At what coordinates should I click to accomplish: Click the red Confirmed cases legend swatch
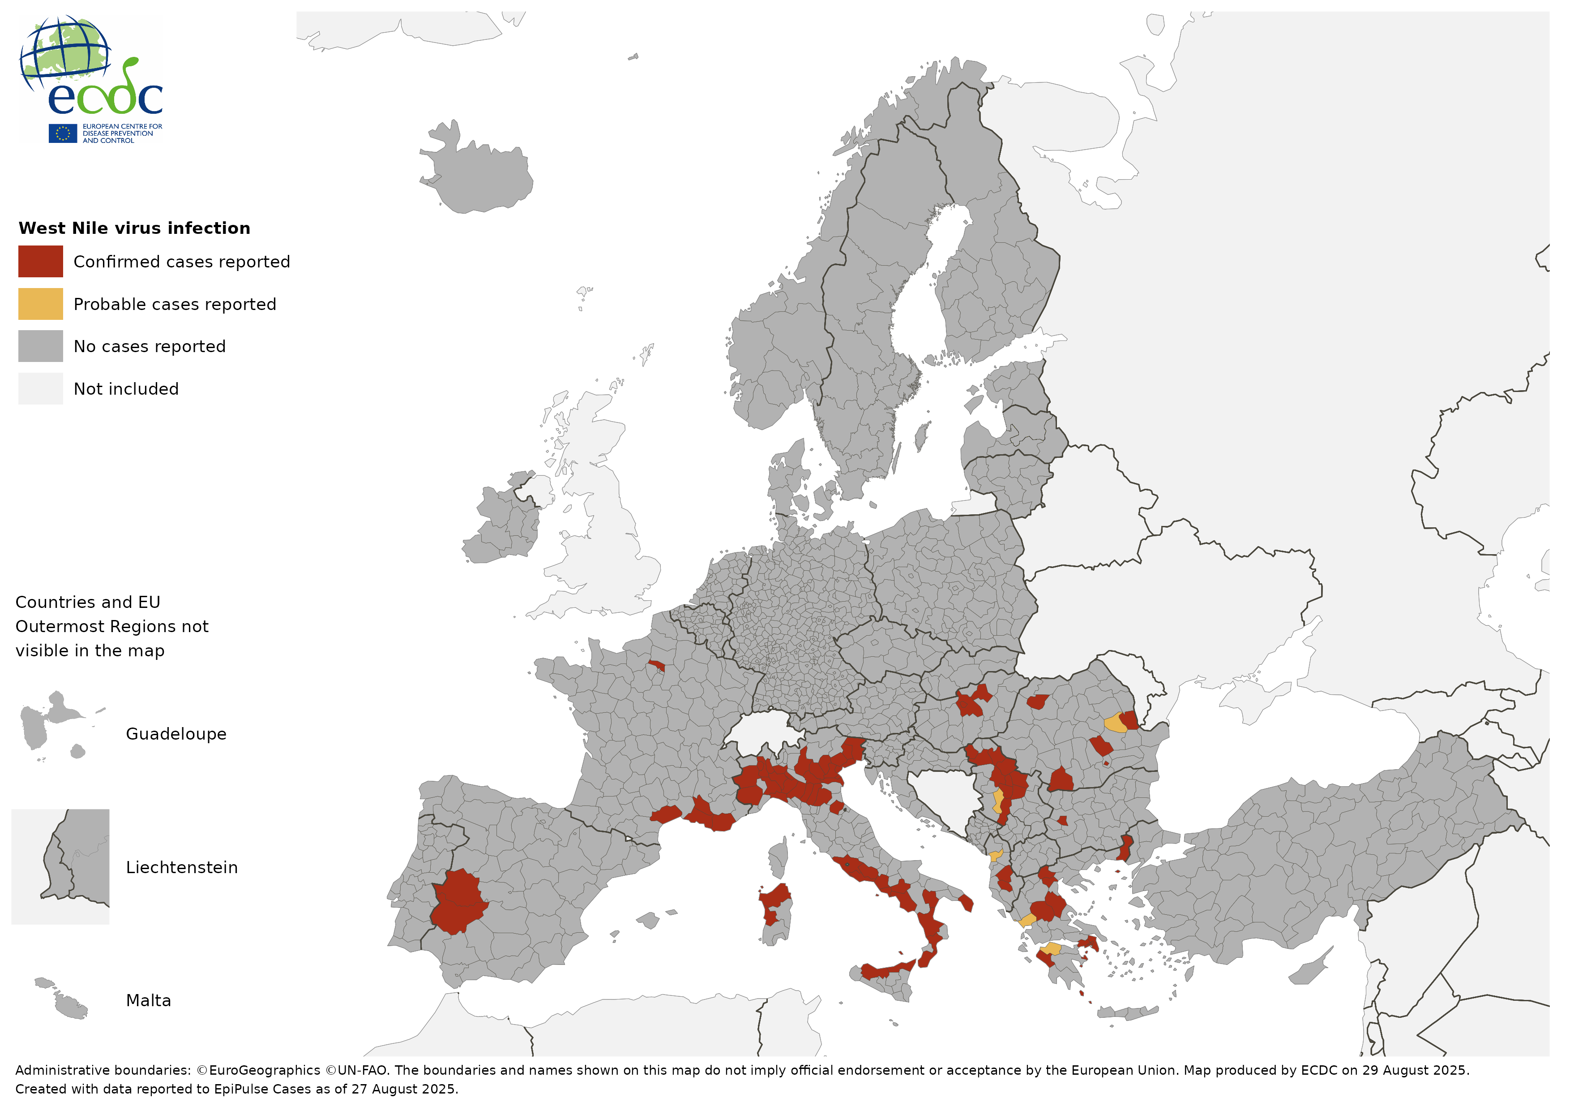tap(40, 261)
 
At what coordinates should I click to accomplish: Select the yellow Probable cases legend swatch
tap(40, 304)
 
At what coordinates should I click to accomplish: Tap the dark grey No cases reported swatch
tap(40, 346)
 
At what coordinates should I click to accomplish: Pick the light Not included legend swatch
tap(40, 388)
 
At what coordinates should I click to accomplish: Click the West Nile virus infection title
tap(134, 228)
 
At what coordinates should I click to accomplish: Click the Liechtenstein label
tap(181, 867)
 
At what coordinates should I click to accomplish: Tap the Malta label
tap(148, 1000)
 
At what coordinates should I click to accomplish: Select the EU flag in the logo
tap(62, 133)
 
